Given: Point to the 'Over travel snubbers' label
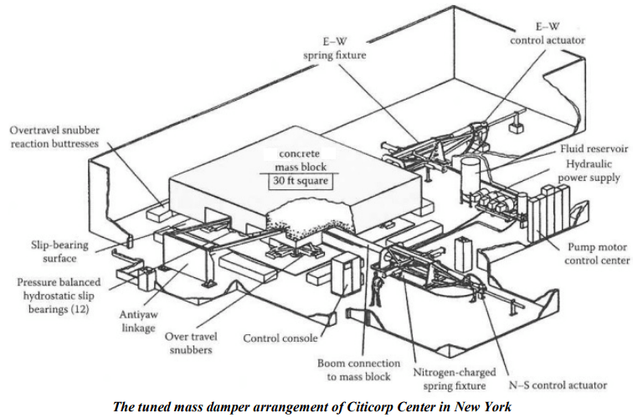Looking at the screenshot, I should click(191, 343).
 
